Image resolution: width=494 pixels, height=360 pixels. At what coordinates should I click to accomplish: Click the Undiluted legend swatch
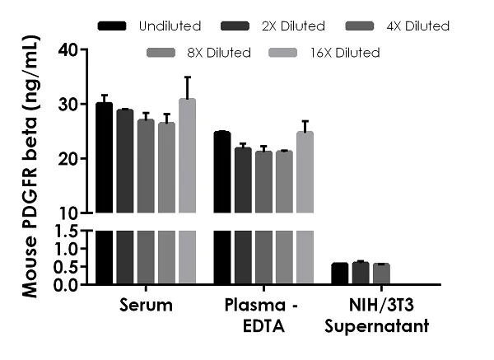click(112, 26)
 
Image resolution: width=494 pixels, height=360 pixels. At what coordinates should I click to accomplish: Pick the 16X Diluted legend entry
click(347, 54)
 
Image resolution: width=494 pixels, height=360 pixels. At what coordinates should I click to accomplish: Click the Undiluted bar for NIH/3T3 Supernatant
click(339, 274)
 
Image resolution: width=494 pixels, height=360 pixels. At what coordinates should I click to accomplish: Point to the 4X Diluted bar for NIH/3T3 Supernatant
click(380, 274)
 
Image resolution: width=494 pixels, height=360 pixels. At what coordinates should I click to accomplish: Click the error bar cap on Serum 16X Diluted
click(187, 77)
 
